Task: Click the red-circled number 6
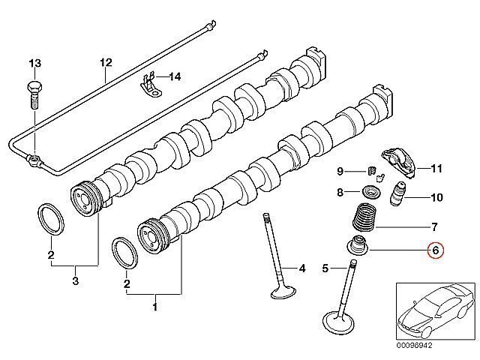(435, 250)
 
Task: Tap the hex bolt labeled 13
(34, 94)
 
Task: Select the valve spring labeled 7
(364, 217)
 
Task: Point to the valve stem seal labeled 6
(358, 244)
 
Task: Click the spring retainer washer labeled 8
(371, 193)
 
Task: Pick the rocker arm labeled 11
(399, 162)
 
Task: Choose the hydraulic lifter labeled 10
(397, 194)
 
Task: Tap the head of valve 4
(283, 292)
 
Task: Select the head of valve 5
(338, 322)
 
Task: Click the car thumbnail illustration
(436, 311)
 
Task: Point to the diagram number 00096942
(415, 345)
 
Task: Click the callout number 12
(106, 62)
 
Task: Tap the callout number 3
(75, 280)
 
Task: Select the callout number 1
(155, 307)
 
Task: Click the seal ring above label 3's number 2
(51, 219)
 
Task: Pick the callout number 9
(340, 171)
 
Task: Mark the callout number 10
(436, 197)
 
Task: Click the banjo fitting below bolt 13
(34, 160)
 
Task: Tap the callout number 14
(175, 76)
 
